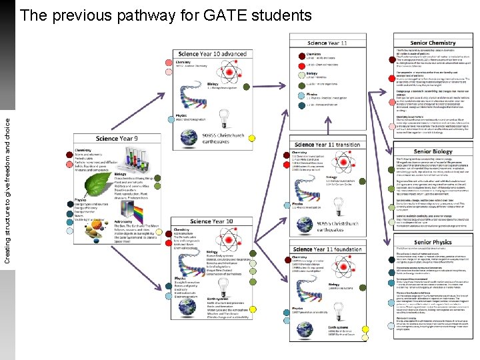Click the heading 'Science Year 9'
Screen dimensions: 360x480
click(x=117, y=139)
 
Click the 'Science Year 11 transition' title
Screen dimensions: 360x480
click(x=327, y=145)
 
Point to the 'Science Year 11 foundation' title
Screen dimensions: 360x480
click(x=327, y=249)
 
